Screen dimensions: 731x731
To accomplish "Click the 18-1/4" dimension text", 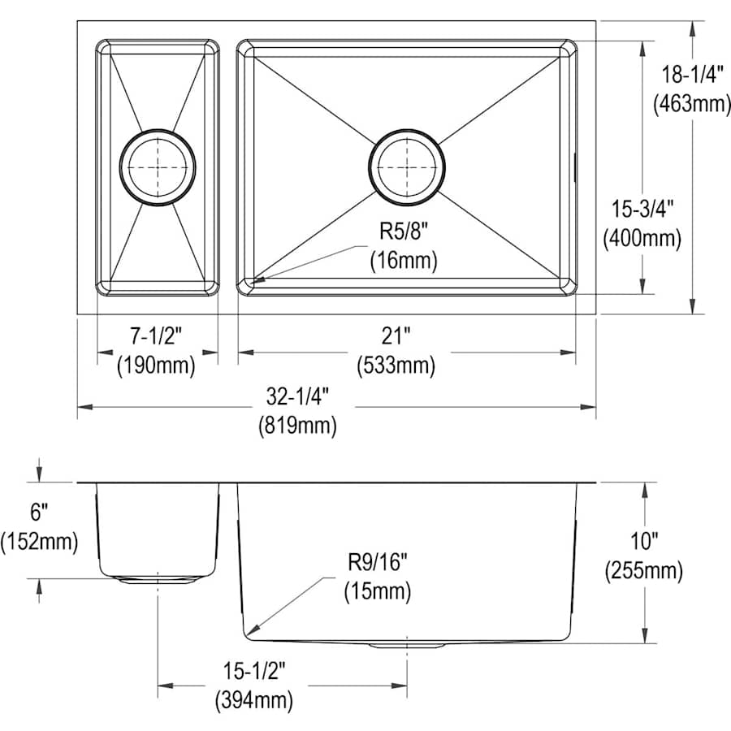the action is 692,74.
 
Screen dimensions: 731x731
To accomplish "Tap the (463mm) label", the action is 692,103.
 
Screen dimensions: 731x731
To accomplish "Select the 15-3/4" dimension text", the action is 643,209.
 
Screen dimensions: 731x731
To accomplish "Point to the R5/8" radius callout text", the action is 404,231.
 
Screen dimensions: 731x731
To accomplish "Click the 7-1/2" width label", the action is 156,335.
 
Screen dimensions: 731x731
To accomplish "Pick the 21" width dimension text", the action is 396,335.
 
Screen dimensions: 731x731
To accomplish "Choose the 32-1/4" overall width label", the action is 298,396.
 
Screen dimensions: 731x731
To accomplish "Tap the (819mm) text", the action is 298,426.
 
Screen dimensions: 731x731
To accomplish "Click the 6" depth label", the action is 39,513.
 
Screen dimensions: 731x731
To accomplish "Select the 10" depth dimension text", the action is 644,541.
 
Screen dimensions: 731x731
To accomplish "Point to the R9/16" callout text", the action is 378,562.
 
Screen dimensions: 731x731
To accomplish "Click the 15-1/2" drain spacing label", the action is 254,672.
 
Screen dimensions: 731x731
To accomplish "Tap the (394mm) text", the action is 254,700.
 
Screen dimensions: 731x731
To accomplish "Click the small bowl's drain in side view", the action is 158,581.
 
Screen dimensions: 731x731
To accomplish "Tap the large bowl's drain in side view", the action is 407,646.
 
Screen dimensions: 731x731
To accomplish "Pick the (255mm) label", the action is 644,570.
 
